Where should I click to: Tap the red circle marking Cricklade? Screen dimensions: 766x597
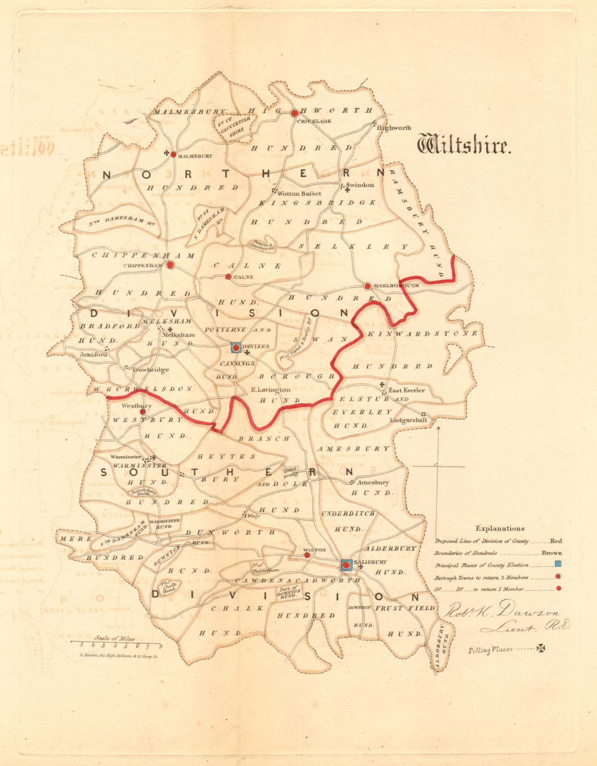[x=295, y=113]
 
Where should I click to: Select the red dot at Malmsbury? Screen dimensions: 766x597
[x=173, y=154]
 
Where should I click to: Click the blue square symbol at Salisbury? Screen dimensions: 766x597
[x=346, y=565]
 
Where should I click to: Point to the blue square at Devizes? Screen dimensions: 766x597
[x=236, y=348]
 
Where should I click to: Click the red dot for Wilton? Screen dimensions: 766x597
[x=307, y=555]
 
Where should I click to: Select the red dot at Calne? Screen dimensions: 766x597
[x=229, y=277]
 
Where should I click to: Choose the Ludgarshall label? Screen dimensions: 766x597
[x=408, y=420]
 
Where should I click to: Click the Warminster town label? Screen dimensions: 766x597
[x=126, y=457]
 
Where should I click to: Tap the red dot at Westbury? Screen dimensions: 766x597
[x=142, y=411]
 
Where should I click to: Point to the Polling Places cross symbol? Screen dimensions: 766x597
[x=541, y=649]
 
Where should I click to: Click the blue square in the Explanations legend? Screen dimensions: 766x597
[x=558, y=565]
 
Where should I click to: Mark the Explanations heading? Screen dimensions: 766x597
[x=500, y=529]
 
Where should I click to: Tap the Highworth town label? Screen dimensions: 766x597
[x=394, y=128]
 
